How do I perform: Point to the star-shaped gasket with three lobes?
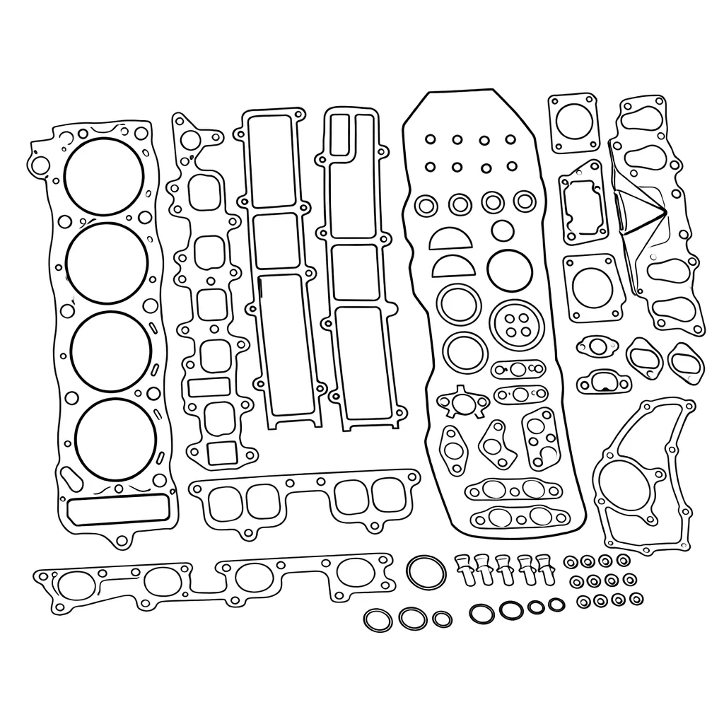tap(463, 402)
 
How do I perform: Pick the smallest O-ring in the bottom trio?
tap(442, 619)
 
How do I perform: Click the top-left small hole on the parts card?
tap(429, 139)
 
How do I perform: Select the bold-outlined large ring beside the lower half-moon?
tap(508, 269)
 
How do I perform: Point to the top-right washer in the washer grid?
tap(623, 561)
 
